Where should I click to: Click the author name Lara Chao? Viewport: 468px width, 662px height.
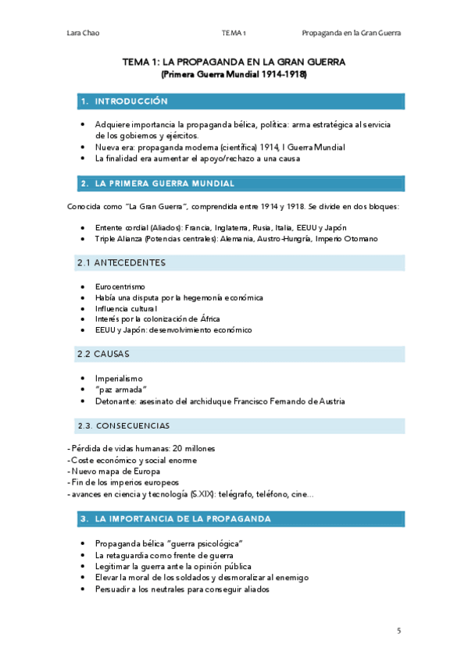click(82, 33)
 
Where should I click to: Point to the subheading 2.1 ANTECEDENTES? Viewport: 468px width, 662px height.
click(121, 263)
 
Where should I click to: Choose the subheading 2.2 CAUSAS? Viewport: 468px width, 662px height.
click(104, 354)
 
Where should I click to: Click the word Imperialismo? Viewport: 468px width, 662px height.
click(118, 379)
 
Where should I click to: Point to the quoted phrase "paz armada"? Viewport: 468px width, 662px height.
click(121, 390)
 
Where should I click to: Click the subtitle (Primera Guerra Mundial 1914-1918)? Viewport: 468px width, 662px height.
click(234, 75)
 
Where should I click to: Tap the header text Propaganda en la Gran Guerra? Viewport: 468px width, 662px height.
click(356, 33)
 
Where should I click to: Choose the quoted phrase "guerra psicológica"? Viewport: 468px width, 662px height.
click(198, 543)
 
